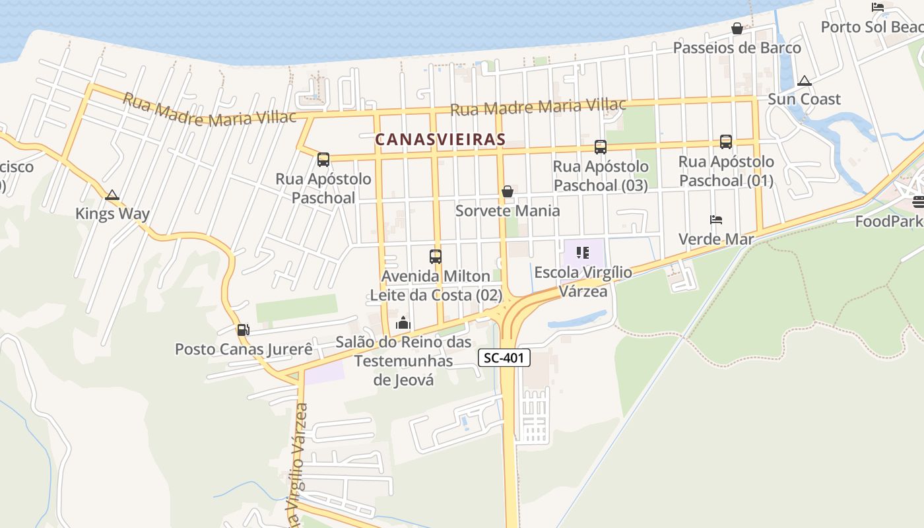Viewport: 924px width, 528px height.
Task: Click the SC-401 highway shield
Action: pos(504,358)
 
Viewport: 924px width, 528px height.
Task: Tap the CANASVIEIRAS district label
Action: pos(440,139)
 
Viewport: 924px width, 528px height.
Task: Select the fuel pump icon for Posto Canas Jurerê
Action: pos(243,329)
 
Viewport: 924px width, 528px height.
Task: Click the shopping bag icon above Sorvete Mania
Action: pos(508,191)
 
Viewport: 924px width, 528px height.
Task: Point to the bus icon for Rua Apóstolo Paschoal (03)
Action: pos(600,147)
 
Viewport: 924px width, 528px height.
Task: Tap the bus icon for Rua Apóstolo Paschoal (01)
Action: pos(725,141)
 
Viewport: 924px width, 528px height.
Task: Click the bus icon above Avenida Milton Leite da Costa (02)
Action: pos(435,256)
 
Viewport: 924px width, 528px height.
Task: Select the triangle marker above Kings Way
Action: pos(112,195)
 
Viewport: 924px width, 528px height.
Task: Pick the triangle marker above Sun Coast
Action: pos(804,81)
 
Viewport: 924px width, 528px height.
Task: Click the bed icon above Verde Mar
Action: pos(716,219)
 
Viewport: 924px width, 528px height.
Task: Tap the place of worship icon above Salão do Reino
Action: pos(403,323)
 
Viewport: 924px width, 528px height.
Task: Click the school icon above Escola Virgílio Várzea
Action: pos(582,252)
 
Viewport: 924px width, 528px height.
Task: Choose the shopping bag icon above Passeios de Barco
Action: pos(737,28)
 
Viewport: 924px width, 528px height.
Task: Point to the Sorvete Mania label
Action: pos(508,211)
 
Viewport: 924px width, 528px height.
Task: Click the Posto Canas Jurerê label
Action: pos(244,349)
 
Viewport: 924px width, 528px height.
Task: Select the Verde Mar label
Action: pos(716,239)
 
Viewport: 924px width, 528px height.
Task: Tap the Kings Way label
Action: pos(112,214)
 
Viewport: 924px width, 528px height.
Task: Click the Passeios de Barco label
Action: pos(737,48)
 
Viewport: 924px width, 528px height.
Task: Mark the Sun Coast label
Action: pos(804,100)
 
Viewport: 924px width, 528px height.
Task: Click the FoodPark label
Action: pos(888,222)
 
